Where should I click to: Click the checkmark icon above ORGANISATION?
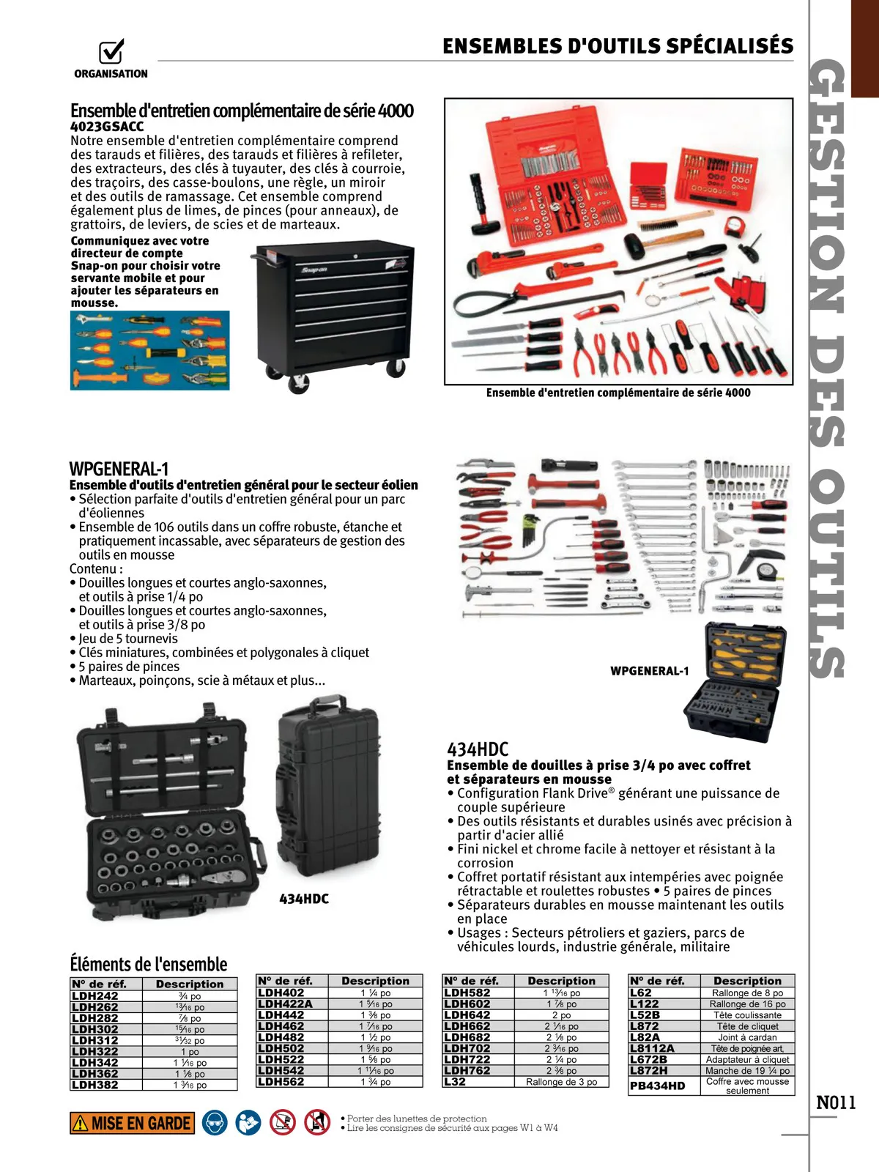(x=111, y=51)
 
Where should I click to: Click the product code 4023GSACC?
(x=107, y=126)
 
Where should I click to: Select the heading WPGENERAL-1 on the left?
(x=119, y=469)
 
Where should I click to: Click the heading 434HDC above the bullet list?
(x=478, y=749)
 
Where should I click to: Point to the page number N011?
(x=836, y=1102)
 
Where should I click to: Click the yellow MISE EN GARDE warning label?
(x=132, y=1123)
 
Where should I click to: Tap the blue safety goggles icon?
(x=215, y=1123)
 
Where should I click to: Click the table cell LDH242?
(x=95, y=996)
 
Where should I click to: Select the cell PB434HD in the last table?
(x=658, y=1086)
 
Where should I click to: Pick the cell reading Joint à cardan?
(x=747, y=1037)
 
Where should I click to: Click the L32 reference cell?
(x=455, y=1081)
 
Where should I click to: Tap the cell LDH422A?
(x=285, y=1004)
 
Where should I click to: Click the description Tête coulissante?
(x=747, y=1015)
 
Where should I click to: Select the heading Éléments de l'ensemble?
(x=148, y=964)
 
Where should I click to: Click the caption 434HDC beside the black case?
(x=304, y=899)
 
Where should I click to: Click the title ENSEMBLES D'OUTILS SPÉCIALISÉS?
(x=617, y=46)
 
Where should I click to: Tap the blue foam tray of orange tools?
(x=149, y=350)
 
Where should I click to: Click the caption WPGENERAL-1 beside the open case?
(x=649, y=671)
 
